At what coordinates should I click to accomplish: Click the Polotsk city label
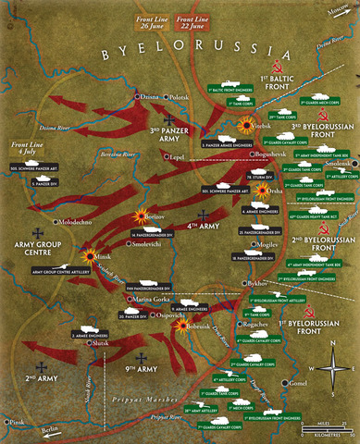[180, 96]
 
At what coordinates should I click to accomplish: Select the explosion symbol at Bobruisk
[179, 327]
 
